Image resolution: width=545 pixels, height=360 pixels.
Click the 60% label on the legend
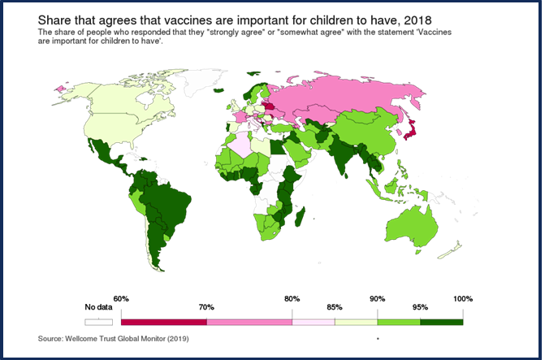121,299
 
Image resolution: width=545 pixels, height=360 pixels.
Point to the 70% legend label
206,308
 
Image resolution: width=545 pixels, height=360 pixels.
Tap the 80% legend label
292,299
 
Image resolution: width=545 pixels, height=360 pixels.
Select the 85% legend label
335,308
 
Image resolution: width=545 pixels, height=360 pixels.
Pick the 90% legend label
378,299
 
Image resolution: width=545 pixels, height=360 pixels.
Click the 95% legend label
420,308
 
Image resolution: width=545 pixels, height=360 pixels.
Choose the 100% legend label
463,299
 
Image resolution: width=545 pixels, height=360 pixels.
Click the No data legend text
98,308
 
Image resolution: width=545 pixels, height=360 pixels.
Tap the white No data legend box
98,322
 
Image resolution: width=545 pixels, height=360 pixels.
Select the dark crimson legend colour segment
163,322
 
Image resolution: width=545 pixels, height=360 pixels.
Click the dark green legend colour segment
441,322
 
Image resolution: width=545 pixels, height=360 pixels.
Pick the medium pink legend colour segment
249,322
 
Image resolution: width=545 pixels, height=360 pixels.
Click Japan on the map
413,130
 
